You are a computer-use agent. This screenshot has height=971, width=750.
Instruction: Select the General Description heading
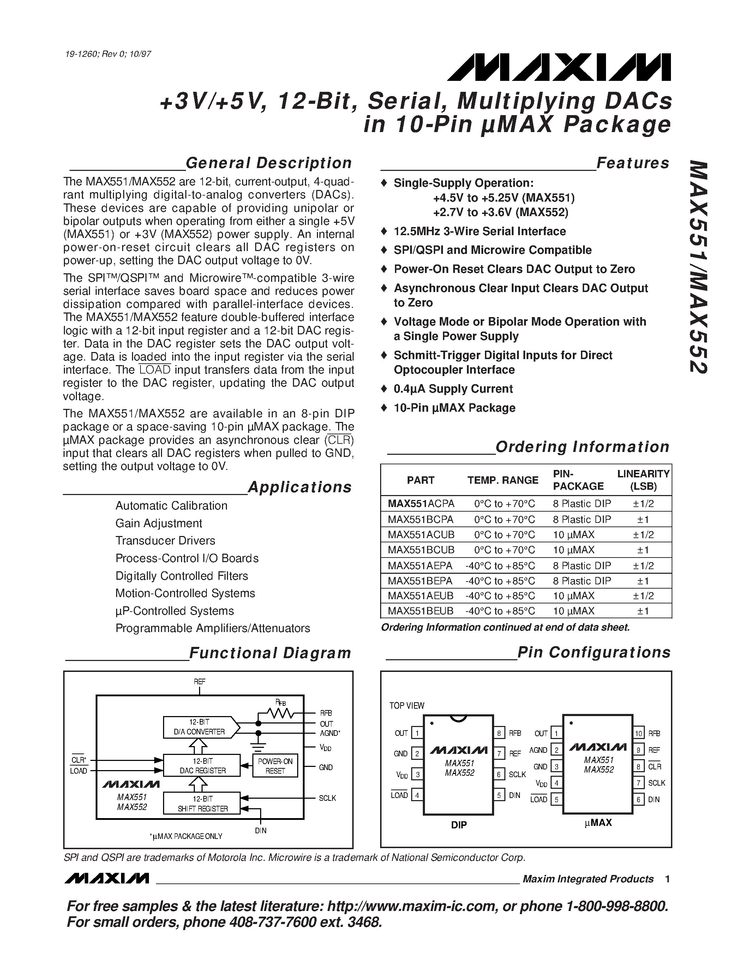pyautogui.click(x=268, y=163)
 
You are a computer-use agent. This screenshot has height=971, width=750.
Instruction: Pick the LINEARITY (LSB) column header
pyautogui.click(x=643, y=480)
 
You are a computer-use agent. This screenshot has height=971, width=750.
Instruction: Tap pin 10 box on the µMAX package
pyautogui.click(x=638, y=733)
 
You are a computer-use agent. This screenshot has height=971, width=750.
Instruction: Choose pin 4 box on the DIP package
pyautogui.click(x=417, y=794)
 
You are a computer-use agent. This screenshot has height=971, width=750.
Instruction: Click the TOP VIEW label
pyautogui.click(x=407, y=705)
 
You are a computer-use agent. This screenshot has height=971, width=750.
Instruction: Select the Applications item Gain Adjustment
pyautogui.click(x=158, y=523)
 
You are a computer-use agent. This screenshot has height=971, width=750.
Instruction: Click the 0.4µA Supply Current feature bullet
pyautogui.click(x=453, y=389)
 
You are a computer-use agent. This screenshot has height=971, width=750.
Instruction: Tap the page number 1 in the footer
pyautogui.click(x=667, y=879)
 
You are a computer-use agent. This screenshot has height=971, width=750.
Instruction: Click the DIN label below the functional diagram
pyautogui.click(x=261, y=830)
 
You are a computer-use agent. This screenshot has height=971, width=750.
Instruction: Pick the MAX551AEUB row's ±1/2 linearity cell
pyautogui.click(x=643, y=596)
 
